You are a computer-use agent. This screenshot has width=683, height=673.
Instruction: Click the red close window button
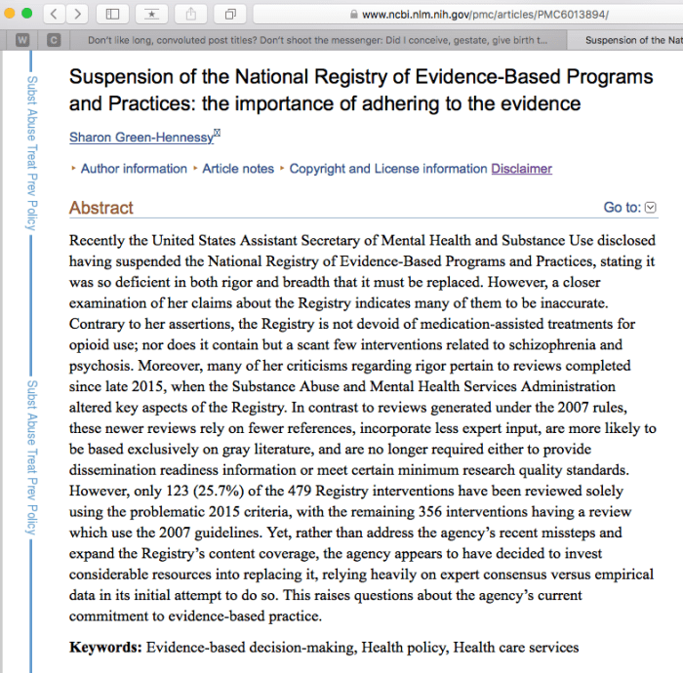(8, 14)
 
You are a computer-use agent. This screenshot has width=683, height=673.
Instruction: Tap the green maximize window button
(29, 14)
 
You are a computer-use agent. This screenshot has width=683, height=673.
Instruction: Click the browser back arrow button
(55, 15)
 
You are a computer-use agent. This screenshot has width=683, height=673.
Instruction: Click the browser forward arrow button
(77, 15)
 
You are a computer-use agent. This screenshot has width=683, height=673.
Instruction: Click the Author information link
(134, 169)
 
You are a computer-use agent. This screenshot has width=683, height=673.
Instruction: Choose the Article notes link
(238, 169)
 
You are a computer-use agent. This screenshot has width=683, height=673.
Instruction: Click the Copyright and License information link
(387, 169)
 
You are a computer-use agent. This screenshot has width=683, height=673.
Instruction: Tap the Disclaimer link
(521, 169)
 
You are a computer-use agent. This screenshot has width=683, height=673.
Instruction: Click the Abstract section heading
(101, 208)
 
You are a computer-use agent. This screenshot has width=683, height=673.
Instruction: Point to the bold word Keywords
(105, 647)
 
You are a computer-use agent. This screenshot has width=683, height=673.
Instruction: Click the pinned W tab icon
(22, 41)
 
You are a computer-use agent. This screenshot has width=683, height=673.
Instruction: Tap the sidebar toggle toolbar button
(113, 15)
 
